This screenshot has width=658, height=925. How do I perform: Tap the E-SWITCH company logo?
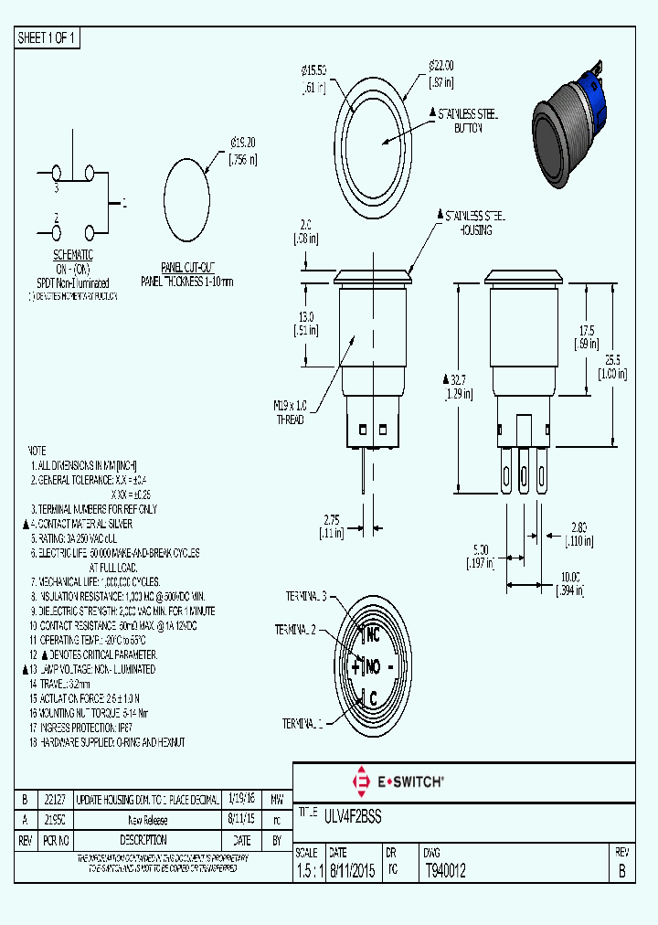[x=398, y=781]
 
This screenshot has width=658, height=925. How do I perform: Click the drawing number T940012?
[x=445, y=871]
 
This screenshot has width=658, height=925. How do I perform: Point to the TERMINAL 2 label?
[x=296, y=630]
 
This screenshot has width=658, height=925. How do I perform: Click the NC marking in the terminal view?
[x=372, y=633]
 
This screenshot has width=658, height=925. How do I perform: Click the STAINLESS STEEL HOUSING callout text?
[x=473, y=222]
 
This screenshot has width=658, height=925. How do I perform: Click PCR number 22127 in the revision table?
[x=56, y=798]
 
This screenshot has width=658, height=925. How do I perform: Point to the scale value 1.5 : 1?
[x=310, y=871]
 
